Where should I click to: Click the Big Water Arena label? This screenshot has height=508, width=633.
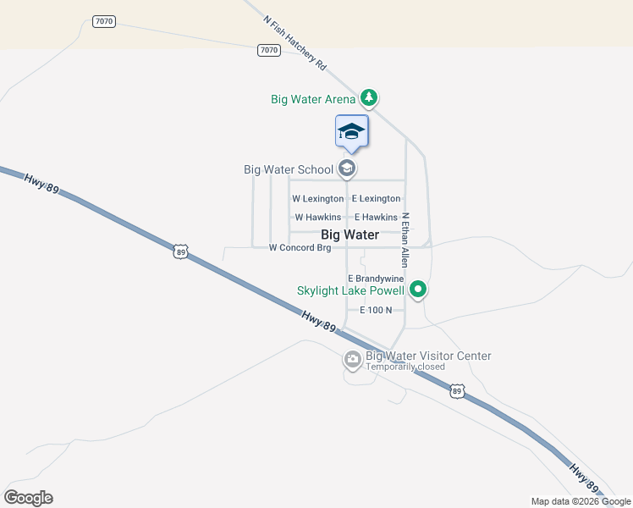click(x=313, y=99)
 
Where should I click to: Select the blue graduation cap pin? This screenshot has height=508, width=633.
click(x=352, y=132)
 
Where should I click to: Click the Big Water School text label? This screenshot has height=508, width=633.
click(x=289, y=169)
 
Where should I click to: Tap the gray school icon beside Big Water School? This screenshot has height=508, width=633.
click(x=346, y=169)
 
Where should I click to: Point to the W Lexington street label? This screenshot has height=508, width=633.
click(x=317, y=199)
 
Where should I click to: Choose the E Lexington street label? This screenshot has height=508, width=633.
click(x=376, y=199)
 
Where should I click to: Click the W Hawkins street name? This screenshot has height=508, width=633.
click(x=317, y=218)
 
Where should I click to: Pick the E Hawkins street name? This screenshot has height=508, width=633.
click(x=376, y=218)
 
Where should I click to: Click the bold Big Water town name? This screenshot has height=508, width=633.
click(x=350, y=235)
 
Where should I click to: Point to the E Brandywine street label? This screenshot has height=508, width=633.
click(x=376, y=279)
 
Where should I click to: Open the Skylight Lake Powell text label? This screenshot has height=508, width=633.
click(x=350, y=290)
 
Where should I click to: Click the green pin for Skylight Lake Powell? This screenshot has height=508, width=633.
click(x=417, y=290)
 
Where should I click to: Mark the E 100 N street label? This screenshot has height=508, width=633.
click(x=376, y=310)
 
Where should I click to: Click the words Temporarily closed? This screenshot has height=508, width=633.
click(x=405, y=367)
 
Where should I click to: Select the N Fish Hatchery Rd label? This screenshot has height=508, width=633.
click(x=294, y=42)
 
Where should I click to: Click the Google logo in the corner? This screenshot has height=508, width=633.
click(x=29, y=498)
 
